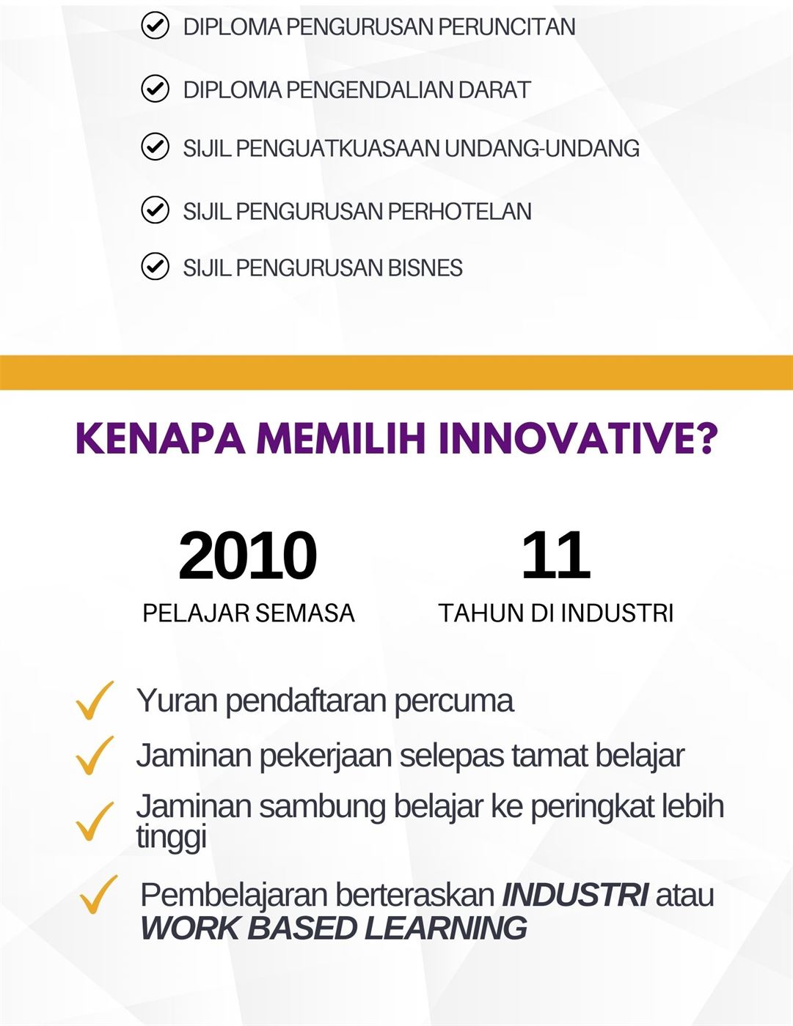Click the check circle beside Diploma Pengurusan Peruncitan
tap(155, 26)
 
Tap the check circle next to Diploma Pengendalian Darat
tap(155, 89)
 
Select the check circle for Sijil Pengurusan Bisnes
tap(155, 267)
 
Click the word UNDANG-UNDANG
tap(541, 148)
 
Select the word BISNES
tap(425, 267)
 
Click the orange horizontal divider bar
tap(396, 372)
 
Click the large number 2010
tap(248, 556)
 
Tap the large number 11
tap(556, 556)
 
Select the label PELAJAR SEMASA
tap(249, 613)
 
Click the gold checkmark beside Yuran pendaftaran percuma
tap(95, 700)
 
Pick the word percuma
tap(453, 702)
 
